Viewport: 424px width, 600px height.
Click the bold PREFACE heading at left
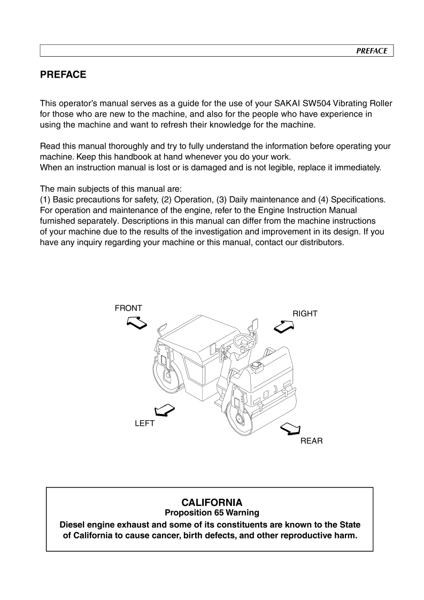pyautogui.click(x=63, y=75)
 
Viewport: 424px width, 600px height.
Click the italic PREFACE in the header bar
pyautogui.click(x=372, y=51)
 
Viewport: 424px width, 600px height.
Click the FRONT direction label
pyautogui.click(x=128, y=308)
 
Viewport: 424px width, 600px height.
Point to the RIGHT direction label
pyautogui.click(x=305, y=314)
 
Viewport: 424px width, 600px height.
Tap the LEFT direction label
pyautogui.click(x=144, y=423)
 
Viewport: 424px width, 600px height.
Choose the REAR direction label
pyautogui.click(x=311, y=441)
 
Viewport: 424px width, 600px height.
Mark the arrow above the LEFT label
pyautogui.click(x=163, y=410)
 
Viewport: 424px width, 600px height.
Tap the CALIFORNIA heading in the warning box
pyautogui.click(x=212, y=503)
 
